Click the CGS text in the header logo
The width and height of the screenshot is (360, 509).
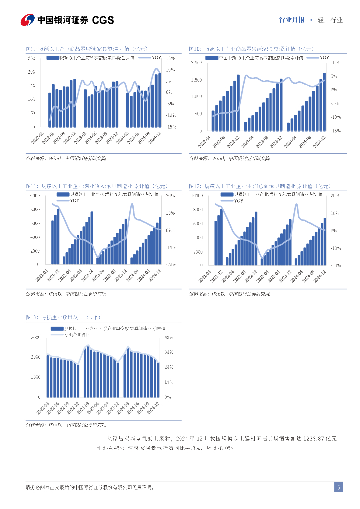tap(103, 20)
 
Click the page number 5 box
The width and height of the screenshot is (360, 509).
tap(338, 487)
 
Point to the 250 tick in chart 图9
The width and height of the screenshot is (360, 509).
tap(31, 59)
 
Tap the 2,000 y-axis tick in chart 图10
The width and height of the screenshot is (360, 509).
tap(196, 63)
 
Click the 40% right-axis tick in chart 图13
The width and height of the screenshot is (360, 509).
tap(168, 338)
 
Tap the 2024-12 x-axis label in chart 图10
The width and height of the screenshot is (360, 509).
tap(320, 140)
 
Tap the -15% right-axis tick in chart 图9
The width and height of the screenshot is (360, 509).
tap(170, 127)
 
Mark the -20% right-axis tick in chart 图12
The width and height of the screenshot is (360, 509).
tap(335, 265)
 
